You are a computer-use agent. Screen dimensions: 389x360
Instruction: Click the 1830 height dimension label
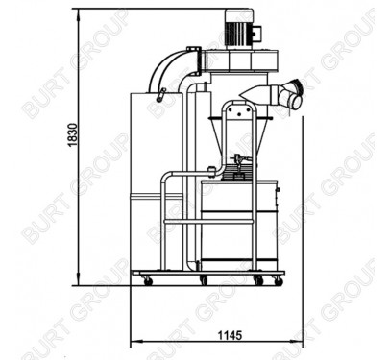(x=73, y=134)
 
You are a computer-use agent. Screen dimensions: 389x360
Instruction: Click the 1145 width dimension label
(x=230, y=335)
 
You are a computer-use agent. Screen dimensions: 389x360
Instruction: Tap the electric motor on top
(x=239, y=29)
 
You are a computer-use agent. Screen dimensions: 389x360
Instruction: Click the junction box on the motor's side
(x=256, y=33)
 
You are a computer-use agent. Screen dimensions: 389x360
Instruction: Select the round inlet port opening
(x=295, y=102)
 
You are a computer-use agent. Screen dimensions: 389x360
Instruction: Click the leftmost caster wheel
(x=148, y=281)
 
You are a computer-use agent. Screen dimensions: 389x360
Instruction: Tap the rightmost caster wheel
(x=279, y=281)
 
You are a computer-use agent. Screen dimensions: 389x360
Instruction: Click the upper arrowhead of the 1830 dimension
(x=79, y=13)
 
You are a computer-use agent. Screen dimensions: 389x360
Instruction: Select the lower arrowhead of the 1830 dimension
(x=79, y=280)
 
